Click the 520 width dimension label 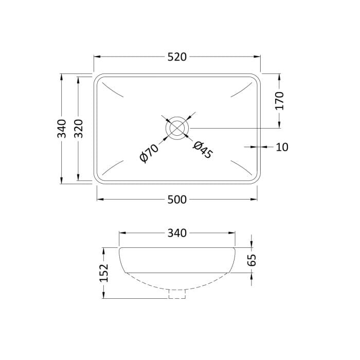(x=177, y=57)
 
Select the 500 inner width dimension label (x=177, y=200)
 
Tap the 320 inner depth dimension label (x=79, y=129)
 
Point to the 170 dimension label (x=280, y=101)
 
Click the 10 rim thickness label (x=282, y=147)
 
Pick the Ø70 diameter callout (x=149, y=154)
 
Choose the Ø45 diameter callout (x=203, y=150)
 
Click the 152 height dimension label (x=104, y=273)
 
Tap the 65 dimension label (x=252, y=260)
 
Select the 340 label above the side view (x=177, y=233)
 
